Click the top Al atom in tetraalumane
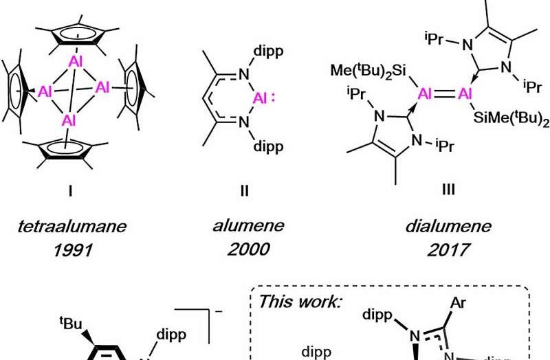[x=76, y=60]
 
